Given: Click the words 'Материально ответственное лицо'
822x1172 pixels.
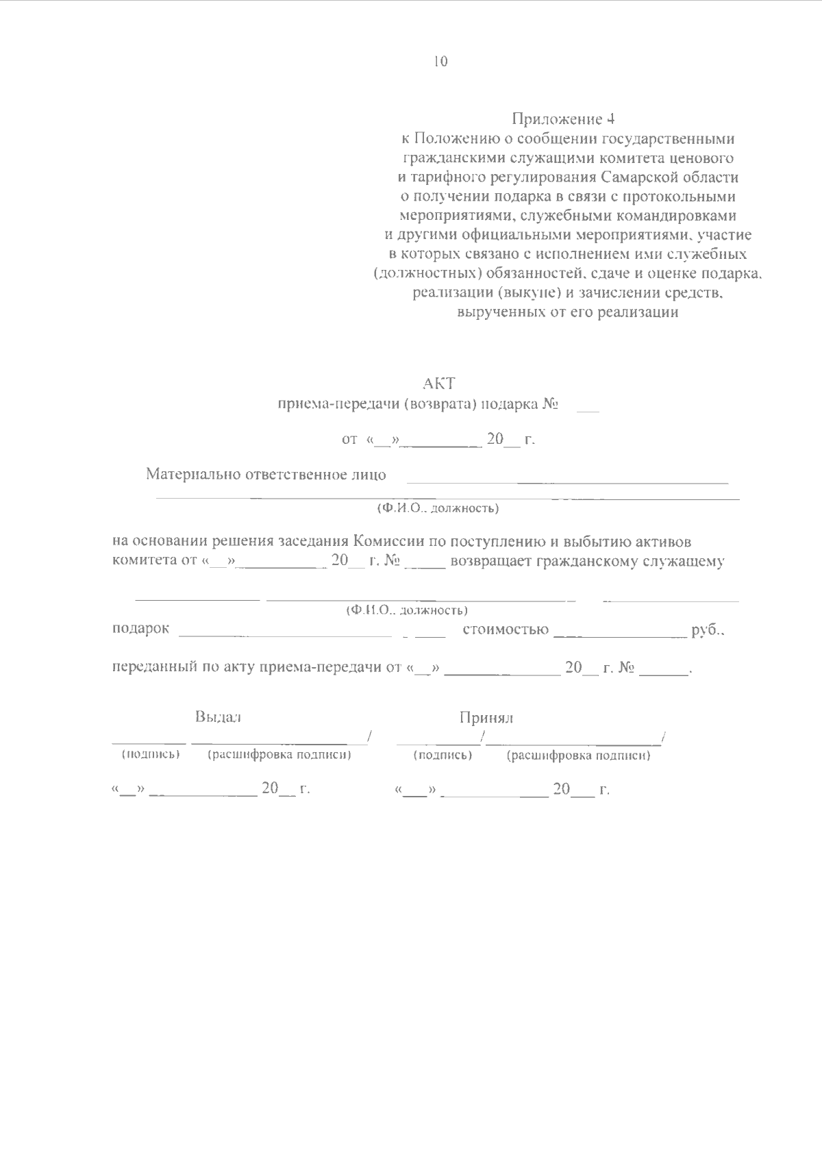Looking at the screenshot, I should point(266,474).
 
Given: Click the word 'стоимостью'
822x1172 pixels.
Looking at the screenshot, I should point(506,629).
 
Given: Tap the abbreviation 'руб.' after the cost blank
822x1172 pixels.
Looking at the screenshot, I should point(708,629).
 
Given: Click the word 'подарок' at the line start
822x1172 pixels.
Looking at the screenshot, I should point(140,629).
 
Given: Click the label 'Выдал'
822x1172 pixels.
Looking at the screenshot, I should point(218,717).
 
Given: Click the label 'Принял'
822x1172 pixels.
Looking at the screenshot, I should point(486,718).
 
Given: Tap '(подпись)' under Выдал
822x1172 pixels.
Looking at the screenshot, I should point(150,755).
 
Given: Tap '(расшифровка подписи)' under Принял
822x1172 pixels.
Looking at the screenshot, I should point(578,756).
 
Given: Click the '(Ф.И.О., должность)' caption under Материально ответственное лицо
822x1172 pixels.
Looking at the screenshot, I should point(438,509).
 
